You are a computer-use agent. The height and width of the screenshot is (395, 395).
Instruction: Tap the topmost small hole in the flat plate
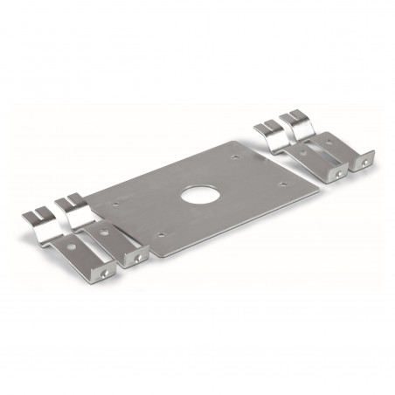point(236,158)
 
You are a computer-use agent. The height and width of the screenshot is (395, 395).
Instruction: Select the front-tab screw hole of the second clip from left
point(138,260)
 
